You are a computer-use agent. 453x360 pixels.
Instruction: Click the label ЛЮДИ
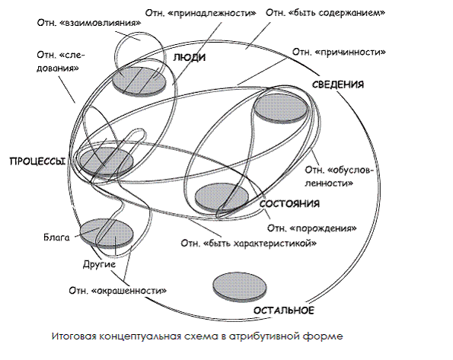click(x=190, y=58)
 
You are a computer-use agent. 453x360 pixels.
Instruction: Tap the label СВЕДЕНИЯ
click(x=338, y=84)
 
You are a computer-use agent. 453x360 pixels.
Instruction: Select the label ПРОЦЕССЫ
click(x=38, y=161)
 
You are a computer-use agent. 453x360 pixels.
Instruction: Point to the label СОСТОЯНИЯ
click(x=289, y=204)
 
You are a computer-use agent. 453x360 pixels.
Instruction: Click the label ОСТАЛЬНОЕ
click(x=284, y=311)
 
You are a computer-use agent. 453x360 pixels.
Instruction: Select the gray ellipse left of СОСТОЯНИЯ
click(x=222, y=197)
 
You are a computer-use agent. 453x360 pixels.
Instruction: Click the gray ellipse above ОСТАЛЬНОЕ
click(x=240, y=287)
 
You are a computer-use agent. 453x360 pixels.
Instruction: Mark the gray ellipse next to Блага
click(x=107, y=234)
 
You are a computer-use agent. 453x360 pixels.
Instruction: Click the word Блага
click(x=56, y=237)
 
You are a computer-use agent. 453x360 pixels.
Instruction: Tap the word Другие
click(x=100, y=264)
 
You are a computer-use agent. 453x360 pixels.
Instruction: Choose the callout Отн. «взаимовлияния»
click(x=89, y=23)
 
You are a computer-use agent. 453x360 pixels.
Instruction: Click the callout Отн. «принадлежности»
click(x=200, y=13)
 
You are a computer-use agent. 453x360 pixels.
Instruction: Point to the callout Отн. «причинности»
click(x=339, y=52)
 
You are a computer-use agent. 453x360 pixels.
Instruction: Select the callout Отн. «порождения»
click(x=311, y=228)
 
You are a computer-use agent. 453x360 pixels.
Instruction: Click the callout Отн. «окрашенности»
click(x=117, y=290)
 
